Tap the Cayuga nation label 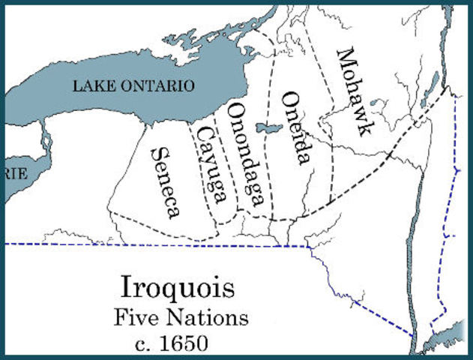click(x=211, y=163)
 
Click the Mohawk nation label click(x=353, y=90)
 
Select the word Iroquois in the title click(x=177, y=289)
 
